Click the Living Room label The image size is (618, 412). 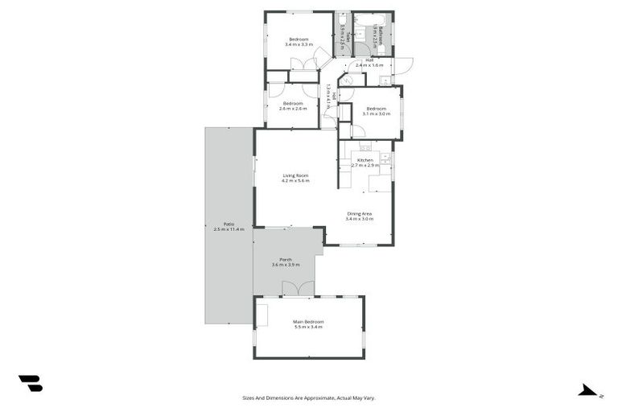click(295, 175)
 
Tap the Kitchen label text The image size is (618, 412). click(365, 160)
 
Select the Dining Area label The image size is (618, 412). click(360, 213)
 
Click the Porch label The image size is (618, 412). click(286, 259)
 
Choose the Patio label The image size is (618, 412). click(229, 224)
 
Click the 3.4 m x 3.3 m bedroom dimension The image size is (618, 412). click(299, 45)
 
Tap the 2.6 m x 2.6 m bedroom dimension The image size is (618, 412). click(292, 109)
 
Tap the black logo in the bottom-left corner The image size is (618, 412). click(30, 383)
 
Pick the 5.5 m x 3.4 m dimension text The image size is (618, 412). click(307, 328)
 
